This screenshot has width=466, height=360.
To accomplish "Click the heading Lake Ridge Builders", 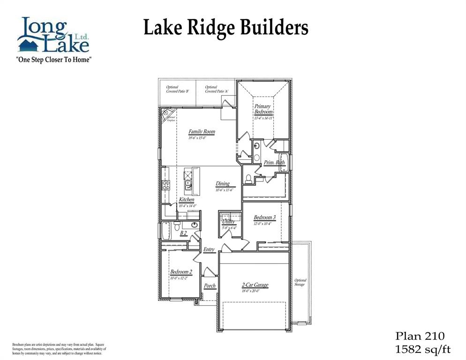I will point(225,28).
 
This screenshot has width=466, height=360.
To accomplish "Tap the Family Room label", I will point(202,132).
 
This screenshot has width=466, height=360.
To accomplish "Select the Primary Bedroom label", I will point(263,109).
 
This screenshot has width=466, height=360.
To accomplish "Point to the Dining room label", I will point(223,184).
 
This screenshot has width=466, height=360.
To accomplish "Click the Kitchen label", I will point(186,200).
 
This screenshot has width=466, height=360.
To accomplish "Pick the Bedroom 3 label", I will point(264,217).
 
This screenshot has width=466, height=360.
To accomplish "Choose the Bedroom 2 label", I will point(180,272).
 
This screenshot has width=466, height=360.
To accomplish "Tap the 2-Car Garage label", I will point(255,285).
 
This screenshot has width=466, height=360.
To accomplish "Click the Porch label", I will point(210,285).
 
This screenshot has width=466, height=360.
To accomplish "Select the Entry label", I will point(209,249).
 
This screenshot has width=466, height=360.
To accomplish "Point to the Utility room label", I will point(229,222).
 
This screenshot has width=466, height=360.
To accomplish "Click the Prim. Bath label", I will point(274,163).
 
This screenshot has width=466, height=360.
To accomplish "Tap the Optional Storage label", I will point(300,282).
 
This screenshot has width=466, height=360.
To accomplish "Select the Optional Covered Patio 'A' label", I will point(217,89).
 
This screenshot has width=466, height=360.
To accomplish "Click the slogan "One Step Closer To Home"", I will point(53,60).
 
